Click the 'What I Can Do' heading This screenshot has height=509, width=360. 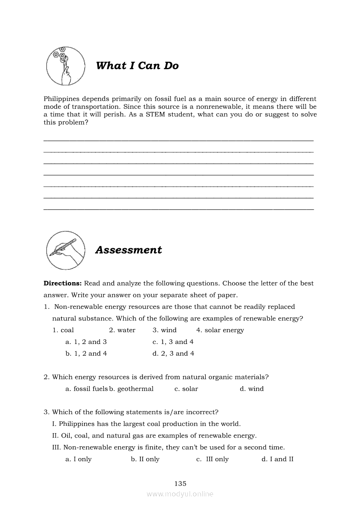click(x=137, y=66)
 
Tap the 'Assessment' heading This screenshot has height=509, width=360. click(x=129, y=250)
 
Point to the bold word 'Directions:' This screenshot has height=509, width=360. click(x=63, y=283)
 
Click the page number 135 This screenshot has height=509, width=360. click(x=180, y=483)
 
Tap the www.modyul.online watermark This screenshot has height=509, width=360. click(x=180, y=494)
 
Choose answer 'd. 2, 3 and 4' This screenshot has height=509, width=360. click(x=173, y=354)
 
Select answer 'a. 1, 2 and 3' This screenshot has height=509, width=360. click(x=86, y=342)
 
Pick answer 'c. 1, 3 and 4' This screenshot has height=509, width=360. click(x=173, y=342)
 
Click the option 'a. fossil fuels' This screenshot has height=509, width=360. click(x=86, y=389)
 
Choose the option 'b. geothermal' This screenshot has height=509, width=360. click(x=132, y=389)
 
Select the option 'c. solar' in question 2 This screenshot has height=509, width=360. click(x=186, y=389)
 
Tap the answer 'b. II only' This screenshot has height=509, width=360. click(x=145, y=459)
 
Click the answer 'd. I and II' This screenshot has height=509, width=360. click(x=277, y=459)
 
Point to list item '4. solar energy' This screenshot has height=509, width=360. click(x=220, y=330)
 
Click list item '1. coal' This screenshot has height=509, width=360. click(x=63, y=330)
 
